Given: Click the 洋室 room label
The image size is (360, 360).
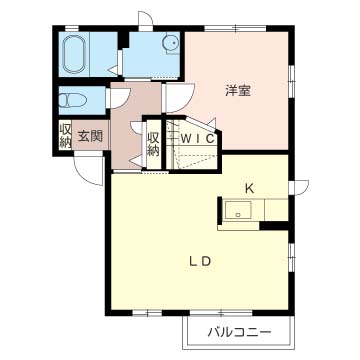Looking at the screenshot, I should coord(237,91).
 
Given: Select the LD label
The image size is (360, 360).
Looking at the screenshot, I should coord(200,262).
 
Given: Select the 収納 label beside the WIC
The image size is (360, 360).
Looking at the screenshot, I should coord(153,143).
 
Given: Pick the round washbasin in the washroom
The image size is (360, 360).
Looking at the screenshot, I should coord(170,43).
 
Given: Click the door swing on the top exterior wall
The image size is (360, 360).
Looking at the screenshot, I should coord(147,20).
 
